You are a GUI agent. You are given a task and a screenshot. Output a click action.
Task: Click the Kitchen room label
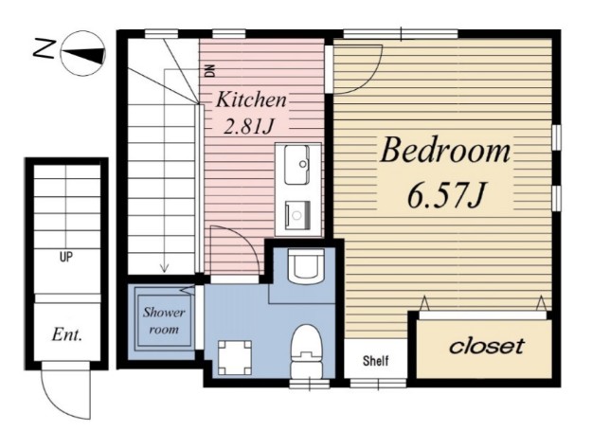point(251,99)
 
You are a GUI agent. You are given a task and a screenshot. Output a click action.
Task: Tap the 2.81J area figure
point(248,127)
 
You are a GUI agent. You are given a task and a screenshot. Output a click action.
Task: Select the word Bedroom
point(445,150)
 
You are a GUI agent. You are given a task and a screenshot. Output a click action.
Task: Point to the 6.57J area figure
point(445,195)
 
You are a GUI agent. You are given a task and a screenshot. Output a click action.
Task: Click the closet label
point(487,346)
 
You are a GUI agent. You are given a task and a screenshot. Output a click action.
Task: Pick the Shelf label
point(375,361)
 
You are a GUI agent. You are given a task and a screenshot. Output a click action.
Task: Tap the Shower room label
point(164,320)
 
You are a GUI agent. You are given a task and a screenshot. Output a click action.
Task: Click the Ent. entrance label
point(67,334)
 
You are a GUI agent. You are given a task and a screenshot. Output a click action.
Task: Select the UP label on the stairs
point(66,257)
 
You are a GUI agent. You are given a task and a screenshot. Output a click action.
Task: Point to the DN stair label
point(210,71)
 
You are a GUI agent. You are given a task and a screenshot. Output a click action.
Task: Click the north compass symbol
point(83,53)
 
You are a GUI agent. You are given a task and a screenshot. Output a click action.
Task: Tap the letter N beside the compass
point(45,48)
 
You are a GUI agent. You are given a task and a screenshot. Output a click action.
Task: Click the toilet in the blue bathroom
point(306,351)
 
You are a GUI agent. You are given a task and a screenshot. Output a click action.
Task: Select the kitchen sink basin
point(296,165)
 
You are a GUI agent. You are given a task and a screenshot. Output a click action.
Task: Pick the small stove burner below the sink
point(297,215)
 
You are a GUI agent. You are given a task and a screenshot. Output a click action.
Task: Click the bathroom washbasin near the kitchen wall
point(306,266)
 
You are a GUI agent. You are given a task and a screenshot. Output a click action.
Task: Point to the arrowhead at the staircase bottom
point(164,268)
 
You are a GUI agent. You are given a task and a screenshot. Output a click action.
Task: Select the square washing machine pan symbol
point(235,357)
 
